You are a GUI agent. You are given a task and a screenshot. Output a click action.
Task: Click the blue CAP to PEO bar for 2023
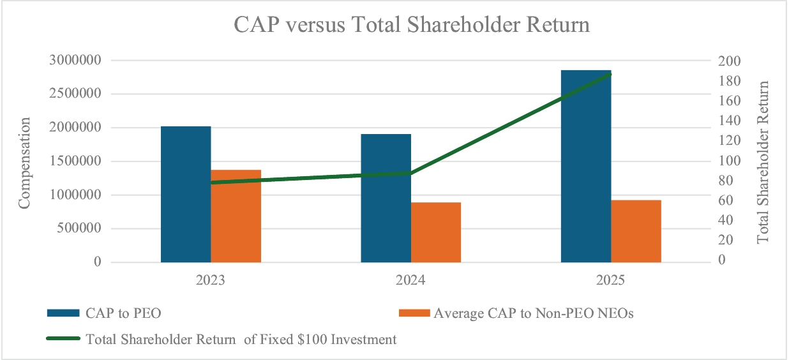[x=186, y=194]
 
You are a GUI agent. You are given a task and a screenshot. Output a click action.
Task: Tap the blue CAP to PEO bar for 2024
[x=386, y=198]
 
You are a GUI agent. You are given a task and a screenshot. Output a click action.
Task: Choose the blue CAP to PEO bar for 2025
[x=586, y=166]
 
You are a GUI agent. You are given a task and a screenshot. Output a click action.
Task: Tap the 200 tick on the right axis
[x=730, y=61]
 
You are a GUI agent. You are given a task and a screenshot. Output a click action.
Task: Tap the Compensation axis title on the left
[x=24, y=162]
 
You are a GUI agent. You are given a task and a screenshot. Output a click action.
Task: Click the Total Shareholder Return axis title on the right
[x=763, y=161]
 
